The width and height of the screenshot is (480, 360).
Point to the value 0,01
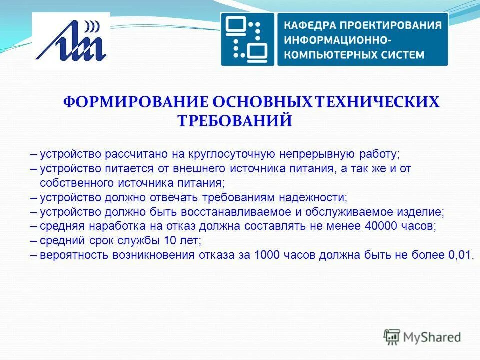point(459,254)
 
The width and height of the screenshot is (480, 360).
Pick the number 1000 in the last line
point(268,254)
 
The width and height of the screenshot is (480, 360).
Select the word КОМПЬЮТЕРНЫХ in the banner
point(329,54)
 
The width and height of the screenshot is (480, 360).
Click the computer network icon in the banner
point(247,39)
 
